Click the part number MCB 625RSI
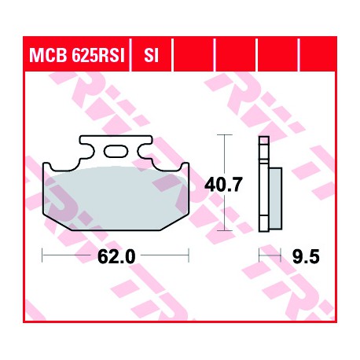pos(76,55)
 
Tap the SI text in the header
pos(151,55)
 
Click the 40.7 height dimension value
pos(222,185)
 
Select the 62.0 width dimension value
pos(116,256)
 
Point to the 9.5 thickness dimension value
pos(306,256)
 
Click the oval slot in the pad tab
pos(116,151)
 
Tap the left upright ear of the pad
pos(47,167)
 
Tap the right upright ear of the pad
pos(184,167)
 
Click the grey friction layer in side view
pos(275,199)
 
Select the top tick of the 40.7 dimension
pos(225,134)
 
